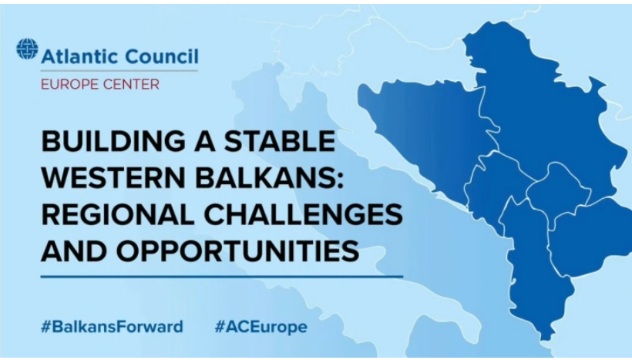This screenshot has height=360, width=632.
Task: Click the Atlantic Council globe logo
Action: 28,49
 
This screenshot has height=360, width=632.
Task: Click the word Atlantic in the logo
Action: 80,56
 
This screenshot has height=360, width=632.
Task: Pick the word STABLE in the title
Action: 279,141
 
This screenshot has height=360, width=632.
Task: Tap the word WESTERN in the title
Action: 114,177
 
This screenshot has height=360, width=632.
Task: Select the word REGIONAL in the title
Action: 118,214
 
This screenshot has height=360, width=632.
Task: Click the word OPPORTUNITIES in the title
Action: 237,251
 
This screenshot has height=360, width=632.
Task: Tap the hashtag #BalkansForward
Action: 112,327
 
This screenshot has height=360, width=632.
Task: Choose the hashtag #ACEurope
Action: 261,327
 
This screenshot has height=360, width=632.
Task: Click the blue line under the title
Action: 222,277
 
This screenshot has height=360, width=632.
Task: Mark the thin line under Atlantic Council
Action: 119,71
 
